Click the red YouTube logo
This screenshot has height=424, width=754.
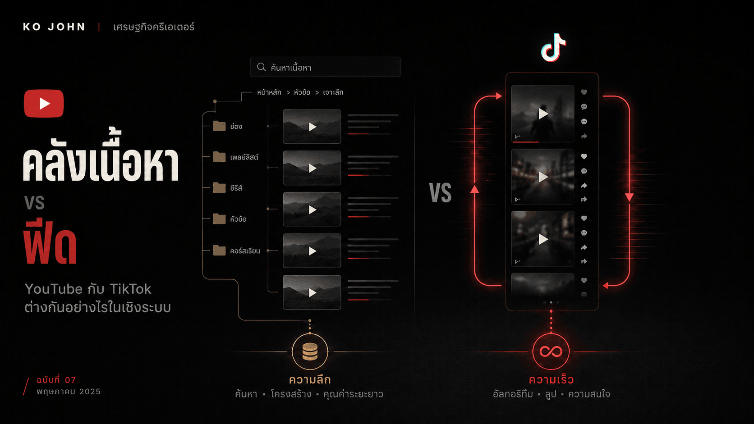pyautogui.click(x=44, y=104)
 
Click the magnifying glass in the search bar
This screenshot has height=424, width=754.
pyautogui.click(x=262, y=67)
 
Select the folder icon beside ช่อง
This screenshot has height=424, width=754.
pyautogui.click(x=219, y=126)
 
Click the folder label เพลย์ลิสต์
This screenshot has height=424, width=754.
pyautogui.click(x=244, y=157)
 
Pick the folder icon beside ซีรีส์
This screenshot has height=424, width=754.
pyautogui.click(x=219, y=187)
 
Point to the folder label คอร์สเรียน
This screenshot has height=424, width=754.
pyautogui.click(x=245, y=251)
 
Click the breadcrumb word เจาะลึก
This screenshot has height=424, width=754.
pyautogui.click(x=333, y=92)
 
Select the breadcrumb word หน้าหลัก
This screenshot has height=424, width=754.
pyautogui.click(x=269, y=92)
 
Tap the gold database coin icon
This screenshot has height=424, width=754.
pyautogui.click(x=310, y=352)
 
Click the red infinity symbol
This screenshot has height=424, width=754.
pyautogui.click(x=551, y=352)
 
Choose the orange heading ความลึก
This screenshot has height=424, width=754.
pyautogui.click(x=310, y=379)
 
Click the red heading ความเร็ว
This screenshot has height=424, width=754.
pyautogui.click(x=551, y=379)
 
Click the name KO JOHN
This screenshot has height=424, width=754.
pyautogui.click(x=54, y=27)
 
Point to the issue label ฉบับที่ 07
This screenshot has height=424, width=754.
pyautogui.click(x=56, y=380)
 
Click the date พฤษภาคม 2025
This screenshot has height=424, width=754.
pyautogui.click(x=69, y=392)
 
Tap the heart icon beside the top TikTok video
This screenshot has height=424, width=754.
pyautogui.click(x=584, y=92)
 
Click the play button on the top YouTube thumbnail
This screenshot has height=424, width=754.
pyautogui.click(x=313, y=127)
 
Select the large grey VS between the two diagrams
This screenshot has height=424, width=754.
pyautogui.click(x=440, y=193)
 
